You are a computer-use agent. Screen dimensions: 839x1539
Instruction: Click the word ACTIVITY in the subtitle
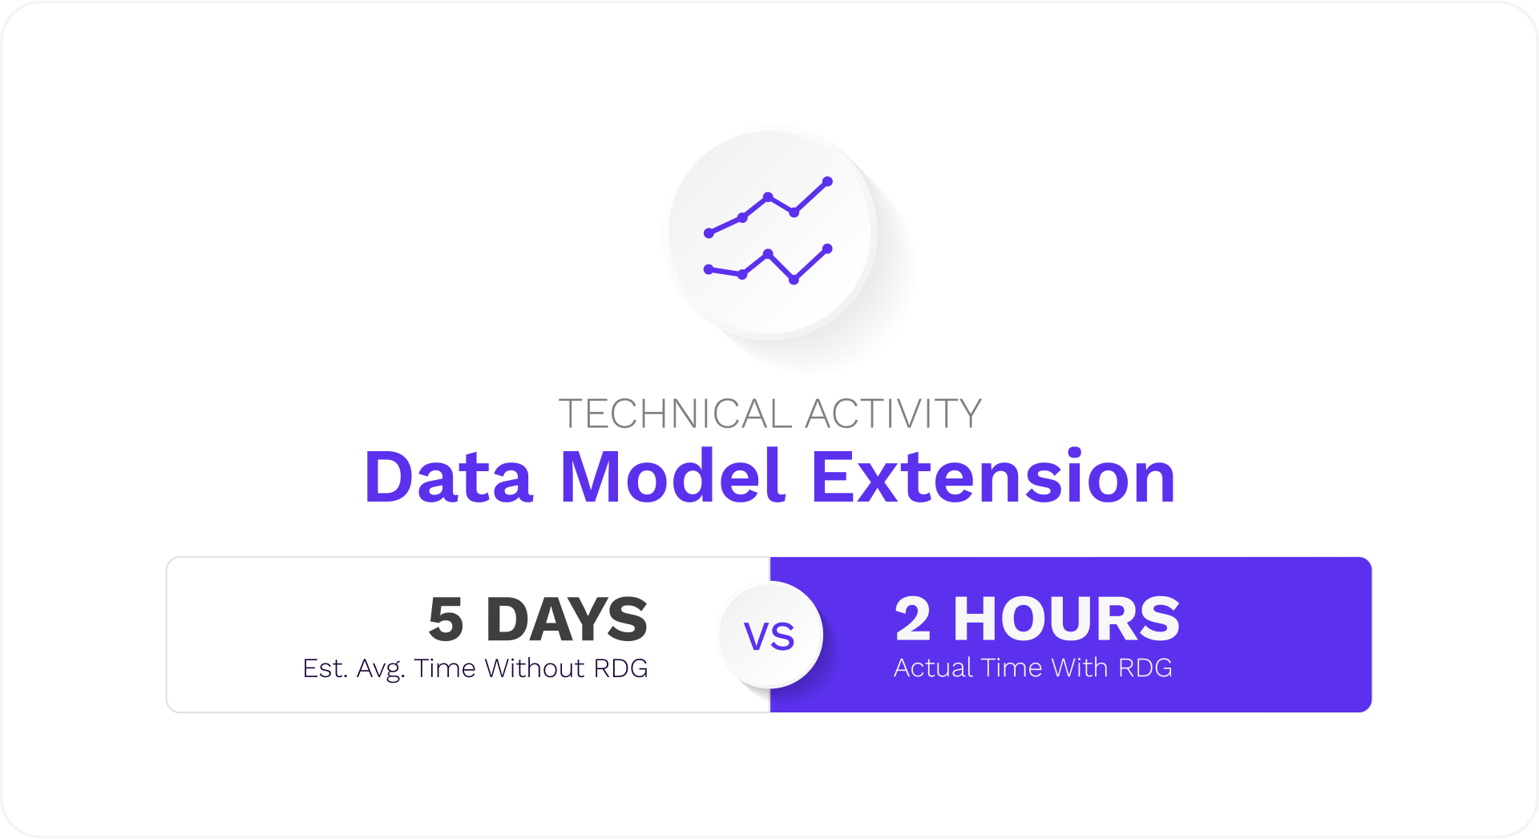pos(893,414)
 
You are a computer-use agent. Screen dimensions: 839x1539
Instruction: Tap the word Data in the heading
pos(448,478)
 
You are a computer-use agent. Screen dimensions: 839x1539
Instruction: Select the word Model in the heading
pos(672,478)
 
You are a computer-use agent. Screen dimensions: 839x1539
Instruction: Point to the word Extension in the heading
pos(993,478)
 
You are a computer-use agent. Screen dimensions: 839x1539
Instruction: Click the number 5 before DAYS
pos(446,620)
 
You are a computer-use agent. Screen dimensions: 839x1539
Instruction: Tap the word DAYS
pos(567,620)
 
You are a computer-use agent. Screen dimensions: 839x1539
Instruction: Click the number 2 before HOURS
pos(913,619)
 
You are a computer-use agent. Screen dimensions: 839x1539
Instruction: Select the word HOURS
pos(1066,619)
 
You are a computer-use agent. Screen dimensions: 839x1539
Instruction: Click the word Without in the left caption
pos(534,668)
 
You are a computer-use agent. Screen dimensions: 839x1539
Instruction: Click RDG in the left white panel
pos(620,668)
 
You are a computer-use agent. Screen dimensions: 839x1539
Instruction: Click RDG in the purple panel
pos(1145,668)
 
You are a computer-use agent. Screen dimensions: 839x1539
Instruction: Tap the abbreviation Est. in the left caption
pos(325,668)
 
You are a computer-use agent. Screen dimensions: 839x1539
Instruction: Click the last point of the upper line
pos(827,182)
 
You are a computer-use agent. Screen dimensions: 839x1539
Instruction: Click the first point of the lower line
pos(709,269)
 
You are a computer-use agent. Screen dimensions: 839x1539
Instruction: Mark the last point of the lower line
pos(827,248)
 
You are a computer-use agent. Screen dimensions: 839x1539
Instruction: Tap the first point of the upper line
pos(709,233)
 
